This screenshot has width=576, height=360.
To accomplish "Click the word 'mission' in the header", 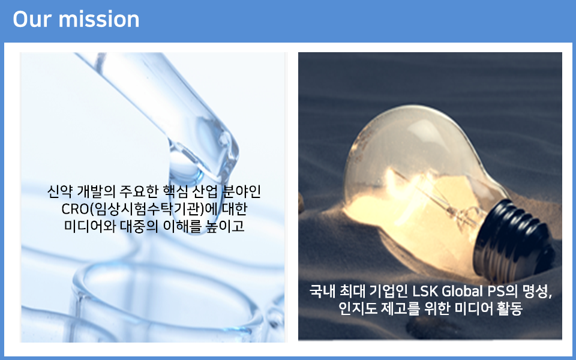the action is pyautogui.click(x=99, y=19).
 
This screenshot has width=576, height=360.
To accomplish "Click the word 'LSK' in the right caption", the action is pyautogui.click(x=425, y=292).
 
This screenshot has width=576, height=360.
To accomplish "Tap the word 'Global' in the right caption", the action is pyautogui.click(x=462, y=292).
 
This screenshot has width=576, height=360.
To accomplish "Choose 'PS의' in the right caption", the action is pyautogui.click(x=502, y=292).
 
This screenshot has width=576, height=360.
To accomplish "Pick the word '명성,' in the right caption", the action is pyautogui.click(x=537, y=292).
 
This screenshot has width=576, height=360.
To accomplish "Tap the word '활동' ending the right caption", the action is pyautogui.click(x=509, y=308).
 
